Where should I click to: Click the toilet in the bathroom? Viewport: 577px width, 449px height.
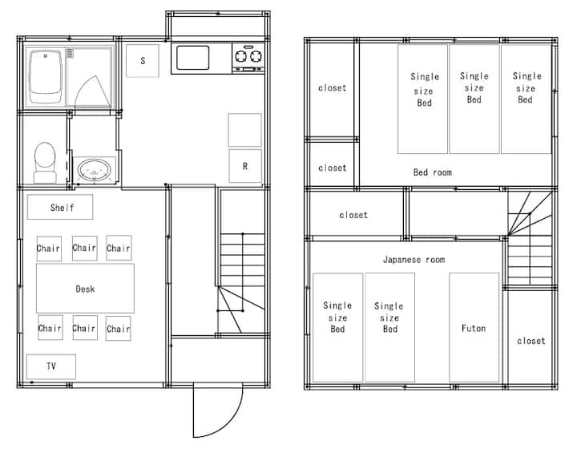pyautogui.click(x=45, y=162)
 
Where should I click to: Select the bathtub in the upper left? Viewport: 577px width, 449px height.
pyautogui.click(x=46, y=76)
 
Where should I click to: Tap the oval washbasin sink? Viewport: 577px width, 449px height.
pyautogui.click(x=95, y=170)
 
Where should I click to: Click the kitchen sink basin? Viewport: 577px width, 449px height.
pyautogui.click(x=193, y=58)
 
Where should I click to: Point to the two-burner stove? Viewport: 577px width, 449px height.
pyautogui.click(x=248, y=58)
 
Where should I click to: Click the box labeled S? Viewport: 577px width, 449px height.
pyautogui.click(x=143, y=61)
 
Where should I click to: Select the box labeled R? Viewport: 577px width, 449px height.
pyautogui.click(x=245, y=166)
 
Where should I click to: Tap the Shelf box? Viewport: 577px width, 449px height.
pyautogui.click(x=60, y=207)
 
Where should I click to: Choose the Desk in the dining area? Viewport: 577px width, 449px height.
pyautogui.click(x=85, y=288)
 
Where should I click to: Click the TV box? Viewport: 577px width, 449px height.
pyautogui.click(x=51, y=366)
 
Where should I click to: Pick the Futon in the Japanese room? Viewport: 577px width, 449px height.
pyautogui.click(x=474, y=328)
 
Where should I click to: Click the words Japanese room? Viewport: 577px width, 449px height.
pyautogui.click(x=414, y=260)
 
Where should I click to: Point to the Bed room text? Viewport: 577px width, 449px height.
pyautogui.click(x=433, y=172)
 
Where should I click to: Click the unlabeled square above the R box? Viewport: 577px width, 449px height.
pyautogui.click(x=245, y=130)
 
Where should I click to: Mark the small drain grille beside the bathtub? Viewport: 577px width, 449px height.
pyautogui.click(x=70, y=54)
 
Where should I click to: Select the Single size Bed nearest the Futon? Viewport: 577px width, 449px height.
pyautogui.click(x=390, y=328)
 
